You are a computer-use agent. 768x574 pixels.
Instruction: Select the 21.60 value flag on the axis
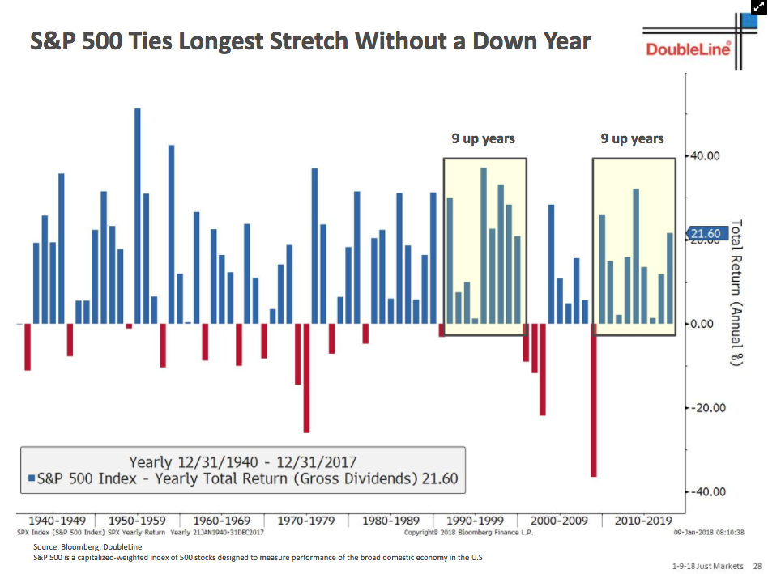703,234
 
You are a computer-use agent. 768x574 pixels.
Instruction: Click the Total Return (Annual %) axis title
736,292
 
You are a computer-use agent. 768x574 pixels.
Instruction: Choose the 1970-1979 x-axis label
306,520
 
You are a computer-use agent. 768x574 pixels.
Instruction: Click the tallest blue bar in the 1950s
137,215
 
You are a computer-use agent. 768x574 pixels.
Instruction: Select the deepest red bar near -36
594,400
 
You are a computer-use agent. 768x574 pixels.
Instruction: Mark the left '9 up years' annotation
484,139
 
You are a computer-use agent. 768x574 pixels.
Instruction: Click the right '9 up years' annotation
633,139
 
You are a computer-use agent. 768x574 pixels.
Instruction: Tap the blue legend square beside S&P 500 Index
30,478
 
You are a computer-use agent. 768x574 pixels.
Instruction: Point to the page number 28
757,565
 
